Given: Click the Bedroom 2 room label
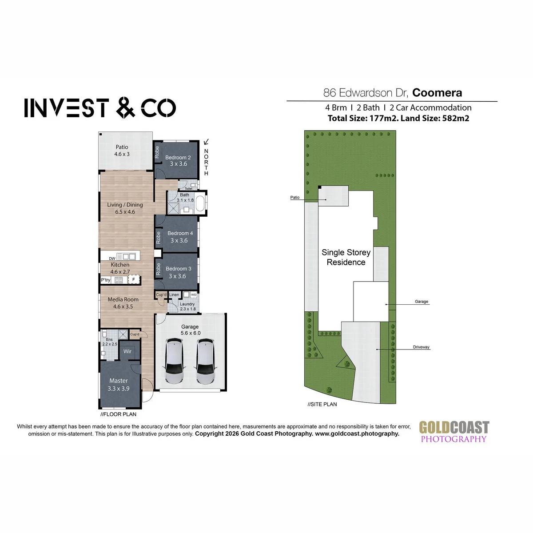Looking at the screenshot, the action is [178, 157].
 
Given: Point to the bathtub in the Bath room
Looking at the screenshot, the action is [200, 203].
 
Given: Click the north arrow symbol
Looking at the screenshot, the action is [206, 142].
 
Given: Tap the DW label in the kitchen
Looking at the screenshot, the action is [112, 259].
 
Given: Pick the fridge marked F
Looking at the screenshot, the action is [134, 280].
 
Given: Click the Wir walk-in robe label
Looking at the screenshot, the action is [127, 351].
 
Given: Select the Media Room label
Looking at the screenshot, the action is [123, 299].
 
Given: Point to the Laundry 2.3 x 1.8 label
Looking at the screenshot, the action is [187, 306].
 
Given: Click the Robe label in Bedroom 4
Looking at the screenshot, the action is [158, 238].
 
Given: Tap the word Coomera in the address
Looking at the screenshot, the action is [437, 93].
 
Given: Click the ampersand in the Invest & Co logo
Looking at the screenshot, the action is [126, 107].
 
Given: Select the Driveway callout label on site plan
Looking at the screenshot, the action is [421, 347].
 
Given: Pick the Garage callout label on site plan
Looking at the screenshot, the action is [421, 302].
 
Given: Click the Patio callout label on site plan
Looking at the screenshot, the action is [295, 197].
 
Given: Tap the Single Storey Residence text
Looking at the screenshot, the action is [346, 257].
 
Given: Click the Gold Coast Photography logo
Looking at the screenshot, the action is [454, 432].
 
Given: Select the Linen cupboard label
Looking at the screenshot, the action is [174, 294].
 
